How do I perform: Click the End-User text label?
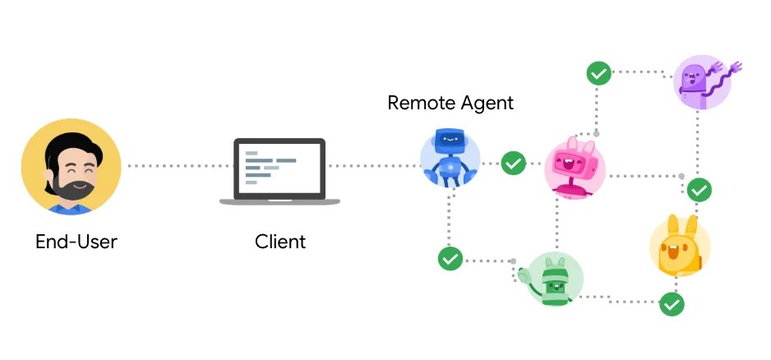[76, 242]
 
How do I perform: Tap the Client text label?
[280, 242]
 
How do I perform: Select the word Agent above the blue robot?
[487, 104]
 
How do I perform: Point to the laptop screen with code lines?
[279, 167]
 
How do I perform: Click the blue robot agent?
[450, 158]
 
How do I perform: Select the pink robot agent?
[575, 168]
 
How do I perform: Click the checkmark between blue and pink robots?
[514, 164]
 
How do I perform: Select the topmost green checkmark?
[598, 73]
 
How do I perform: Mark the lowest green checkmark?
[672, 304]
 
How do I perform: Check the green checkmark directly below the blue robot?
[450, 259]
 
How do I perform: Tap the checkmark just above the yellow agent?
[699, 190]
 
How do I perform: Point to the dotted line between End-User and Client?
[178, 166]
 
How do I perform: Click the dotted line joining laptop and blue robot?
[374, 166]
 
